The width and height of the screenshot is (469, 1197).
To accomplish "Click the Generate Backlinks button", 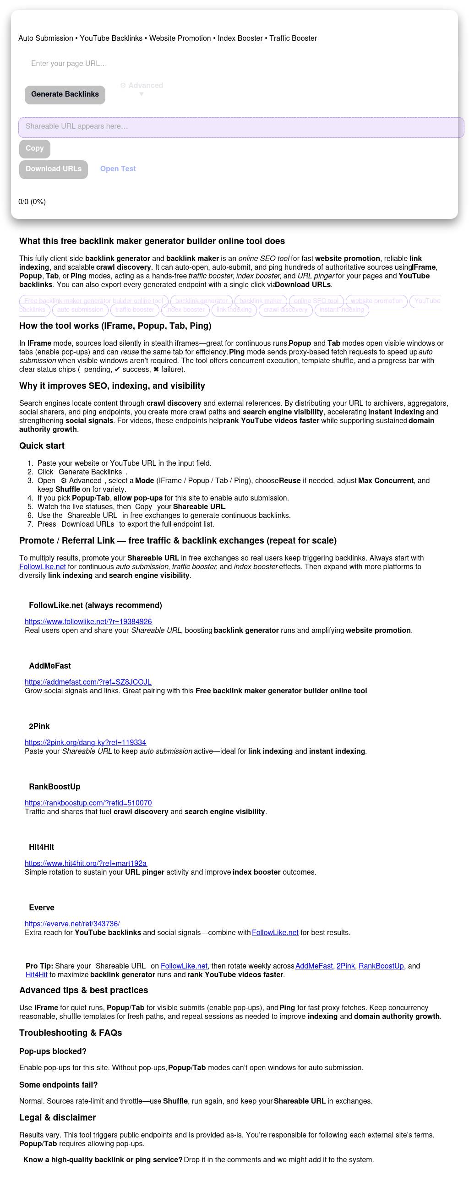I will tap(65, 95).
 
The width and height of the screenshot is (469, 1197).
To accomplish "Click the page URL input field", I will tap(139, 64).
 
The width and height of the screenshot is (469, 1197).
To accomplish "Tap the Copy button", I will tap(34, 149).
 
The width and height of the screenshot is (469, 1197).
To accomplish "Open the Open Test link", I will tap(118, 169).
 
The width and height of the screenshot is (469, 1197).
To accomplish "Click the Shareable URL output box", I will tap(241, 127).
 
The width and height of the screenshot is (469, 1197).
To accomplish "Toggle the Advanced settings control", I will tap(142, 86).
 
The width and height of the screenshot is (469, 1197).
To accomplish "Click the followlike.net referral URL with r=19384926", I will tap(88, 622).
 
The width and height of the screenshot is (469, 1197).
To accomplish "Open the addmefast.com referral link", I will tap(88, 682).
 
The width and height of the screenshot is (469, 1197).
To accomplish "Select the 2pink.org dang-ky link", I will tap(85, 743).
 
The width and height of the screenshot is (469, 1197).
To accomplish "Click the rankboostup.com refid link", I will tap(88, 803).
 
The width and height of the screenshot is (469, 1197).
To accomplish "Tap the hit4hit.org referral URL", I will tap(86, 863).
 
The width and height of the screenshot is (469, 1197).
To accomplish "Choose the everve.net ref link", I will tap(72, 924).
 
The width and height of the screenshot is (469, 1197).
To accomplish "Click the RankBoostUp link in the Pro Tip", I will tap(381, 966).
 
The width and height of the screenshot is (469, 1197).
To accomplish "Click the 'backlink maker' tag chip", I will tap(260, 301).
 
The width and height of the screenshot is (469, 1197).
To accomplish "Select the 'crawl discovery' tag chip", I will tap(285, 310).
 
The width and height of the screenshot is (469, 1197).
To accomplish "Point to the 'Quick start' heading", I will tap(42, 446).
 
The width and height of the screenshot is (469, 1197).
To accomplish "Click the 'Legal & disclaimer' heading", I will tap(58, 1117).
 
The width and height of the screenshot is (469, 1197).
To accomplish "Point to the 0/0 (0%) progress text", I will tap(32, 202).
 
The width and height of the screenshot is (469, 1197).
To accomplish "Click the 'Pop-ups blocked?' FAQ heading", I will tap(53, 1051).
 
